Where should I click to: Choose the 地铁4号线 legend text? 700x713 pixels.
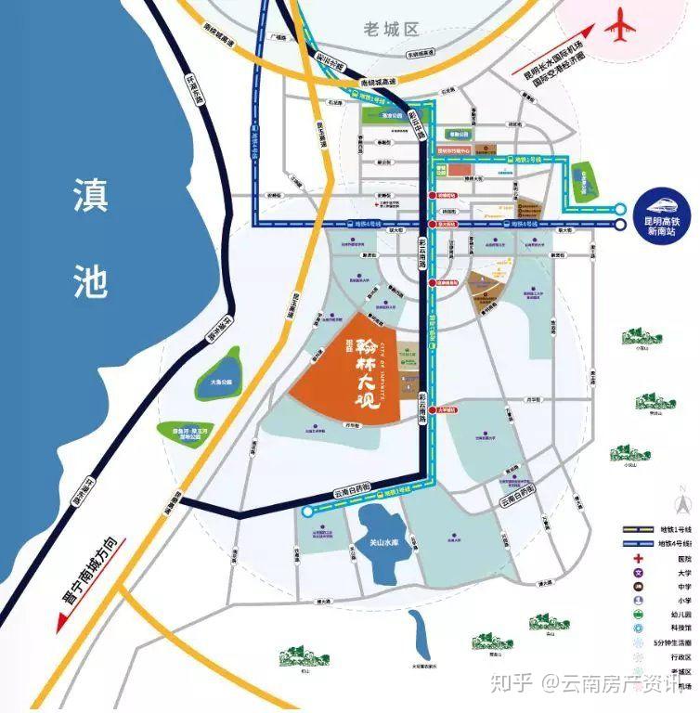[676, 543]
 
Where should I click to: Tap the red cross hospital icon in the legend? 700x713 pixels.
[639, 558]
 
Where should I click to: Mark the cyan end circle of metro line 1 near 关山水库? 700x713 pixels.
[306, 512]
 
